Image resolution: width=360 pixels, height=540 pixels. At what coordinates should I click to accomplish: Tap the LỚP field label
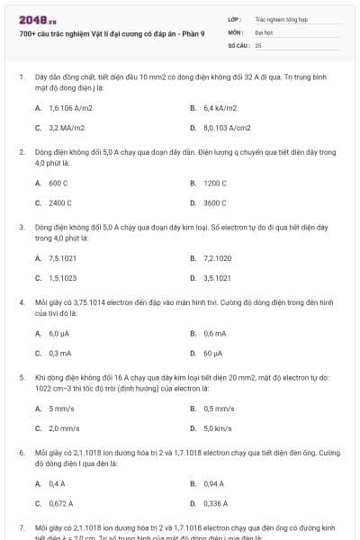coord(235,18)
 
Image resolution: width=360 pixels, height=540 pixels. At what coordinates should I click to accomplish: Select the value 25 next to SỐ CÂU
coord(258,44)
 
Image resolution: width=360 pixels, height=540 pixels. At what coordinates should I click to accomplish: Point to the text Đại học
coord(264,31)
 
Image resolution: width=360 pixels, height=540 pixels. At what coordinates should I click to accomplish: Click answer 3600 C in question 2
coord(215,203)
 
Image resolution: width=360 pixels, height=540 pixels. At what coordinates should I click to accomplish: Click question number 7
coord(22,526)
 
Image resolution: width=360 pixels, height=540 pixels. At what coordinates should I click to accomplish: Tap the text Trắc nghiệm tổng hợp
coord(282,18)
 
